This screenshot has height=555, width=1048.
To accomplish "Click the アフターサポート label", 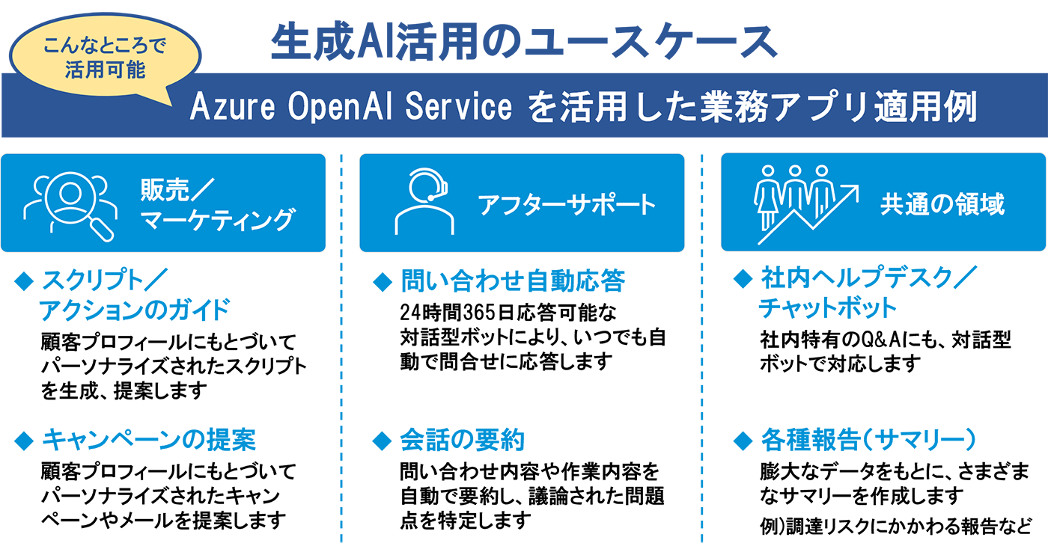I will tap(567, 204).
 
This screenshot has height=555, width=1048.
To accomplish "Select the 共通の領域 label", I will tap(942, 204).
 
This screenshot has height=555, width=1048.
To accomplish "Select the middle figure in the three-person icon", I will tap(794, 191).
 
